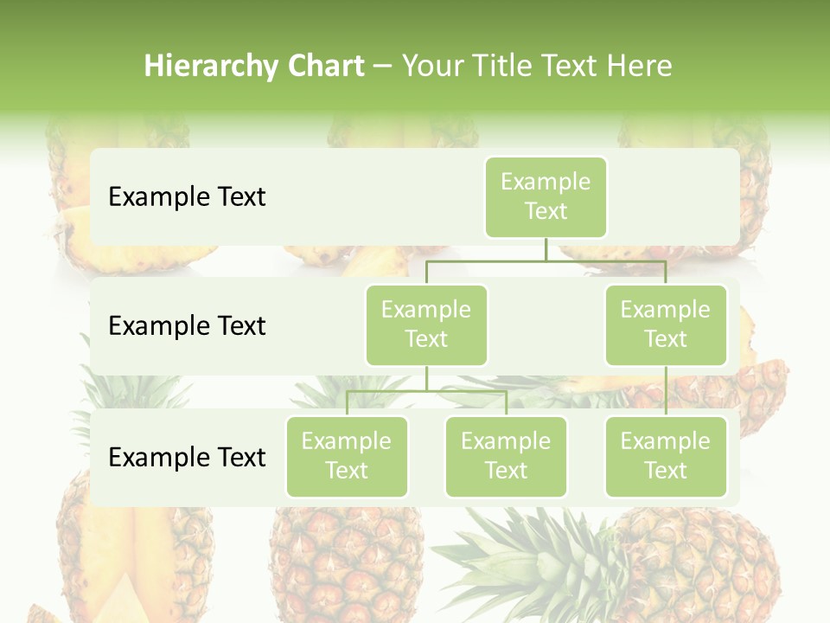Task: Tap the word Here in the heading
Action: (x=639, y=67)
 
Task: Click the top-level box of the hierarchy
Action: (x=546, y=197)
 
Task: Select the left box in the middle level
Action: (x=426, y=325)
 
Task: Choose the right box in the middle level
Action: (x=666, y=325)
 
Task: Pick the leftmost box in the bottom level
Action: (x=347, y=457)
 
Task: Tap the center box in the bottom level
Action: (x=506, y=457)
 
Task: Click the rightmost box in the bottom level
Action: (x=666, y=457)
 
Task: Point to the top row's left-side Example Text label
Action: (x=187, y=197)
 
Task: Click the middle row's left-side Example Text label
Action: (x=187, y=326)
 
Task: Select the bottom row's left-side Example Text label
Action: (x=187, y=458)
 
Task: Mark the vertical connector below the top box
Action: (x=546, y=249)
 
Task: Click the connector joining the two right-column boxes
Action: (x=666, y=391)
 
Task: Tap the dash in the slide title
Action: (x=383, y=67)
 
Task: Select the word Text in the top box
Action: (x=546, y=211)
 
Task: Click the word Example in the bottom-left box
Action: (x=347, y=441)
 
